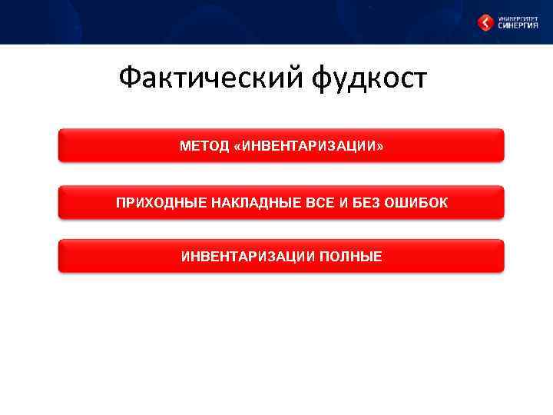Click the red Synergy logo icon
pos(486,23)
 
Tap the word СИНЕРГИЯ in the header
pos(518,25)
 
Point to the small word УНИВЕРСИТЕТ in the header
pos(518,16)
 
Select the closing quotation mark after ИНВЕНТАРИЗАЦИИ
pos(379,146)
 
